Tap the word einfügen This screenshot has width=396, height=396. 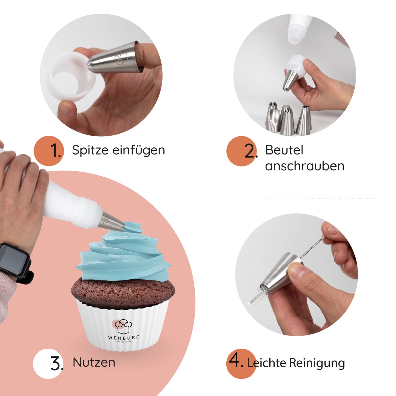(x=139, y=150)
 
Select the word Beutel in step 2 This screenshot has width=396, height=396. (x=284, y=150)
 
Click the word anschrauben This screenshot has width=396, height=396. (x=304, y=166)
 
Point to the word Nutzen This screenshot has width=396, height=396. (x=94, y=363)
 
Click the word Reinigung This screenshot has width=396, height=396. (x=317, y=363)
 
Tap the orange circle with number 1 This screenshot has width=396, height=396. (x=49, y=151)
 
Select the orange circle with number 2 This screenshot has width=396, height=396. (x=241, y=151)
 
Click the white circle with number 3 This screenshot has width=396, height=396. (x=48, y=364)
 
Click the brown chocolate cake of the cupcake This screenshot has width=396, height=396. (x=123, y=290)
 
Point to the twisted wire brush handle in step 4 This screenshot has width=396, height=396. (x=312, y=248)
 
